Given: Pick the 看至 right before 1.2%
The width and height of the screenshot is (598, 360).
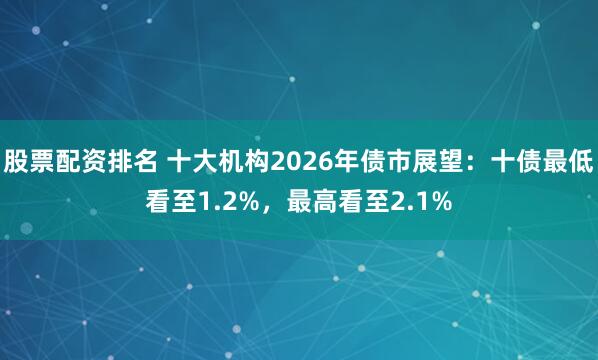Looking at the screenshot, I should tap(171, 202).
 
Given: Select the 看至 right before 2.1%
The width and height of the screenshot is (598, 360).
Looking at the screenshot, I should tap(364, 202).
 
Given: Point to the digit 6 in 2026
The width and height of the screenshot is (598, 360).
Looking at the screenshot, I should tap(319, 159).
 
